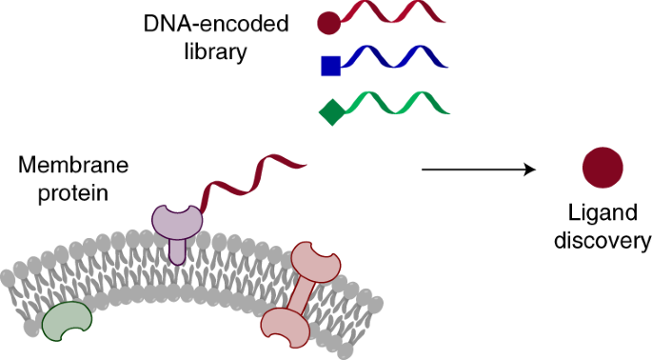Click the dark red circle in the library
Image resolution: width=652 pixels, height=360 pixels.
coord(329,20)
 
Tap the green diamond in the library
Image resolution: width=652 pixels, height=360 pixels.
coord(331,112)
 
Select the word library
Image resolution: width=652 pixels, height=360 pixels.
coord(215,50)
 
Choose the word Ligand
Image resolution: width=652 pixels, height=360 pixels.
coord(602,213)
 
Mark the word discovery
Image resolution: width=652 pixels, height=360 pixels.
coord(603,240)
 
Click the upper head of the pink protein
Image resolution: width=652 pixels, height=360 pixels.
coord(315,263)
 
